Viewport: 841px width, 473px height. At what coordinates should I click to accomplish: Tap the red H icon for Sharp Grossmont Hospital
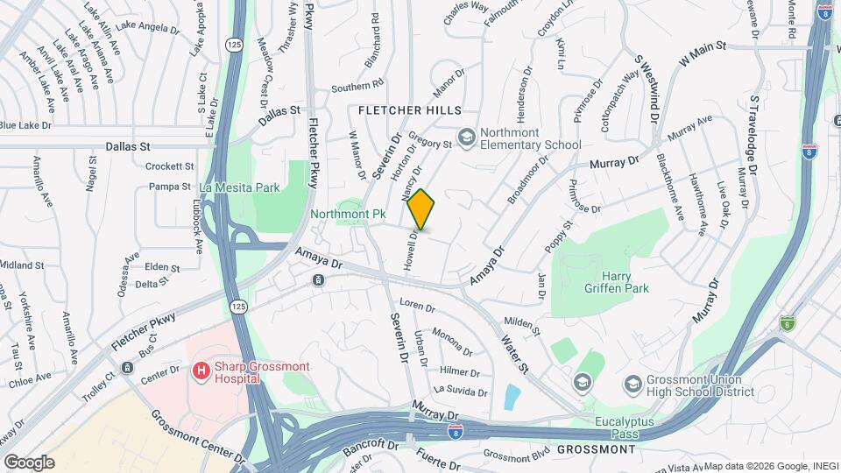point(201,371)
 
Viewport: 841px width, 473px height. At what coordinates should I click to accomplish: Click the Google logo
point(29,462)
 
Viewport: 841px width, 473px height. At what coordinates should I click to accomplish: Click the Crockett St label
point(169,166)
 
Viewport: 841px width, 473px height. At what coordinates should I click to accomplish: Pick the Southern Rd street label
point(357,87)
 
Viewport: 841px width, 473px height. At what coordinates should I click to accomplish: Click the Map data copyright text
point(771,466)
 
